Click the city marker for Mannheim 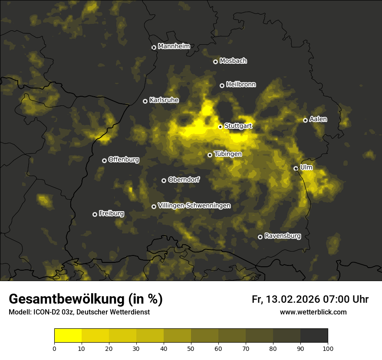(154, 48)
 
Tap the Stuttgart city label (238, 126)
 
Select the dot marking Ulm (296, 168)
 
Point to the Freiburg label (111, 213)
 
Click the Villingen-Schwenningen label (194, 206)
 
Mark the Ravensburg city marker (260, 237)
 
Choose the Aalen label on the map (318, 119)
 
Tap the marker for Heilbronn (222, 85)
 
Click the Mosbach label (233, 61)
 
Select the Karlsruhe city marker (145, 101)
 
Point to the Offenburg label (124, 160)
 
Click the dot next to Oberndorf (164, 180)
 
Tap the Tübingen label (228, 154)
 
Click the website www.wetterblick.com (313, 312)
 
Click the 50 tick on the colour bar (191, 348)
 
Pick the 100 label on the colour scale (328, 348)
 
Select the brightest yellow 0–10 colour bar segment (68, 335)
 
